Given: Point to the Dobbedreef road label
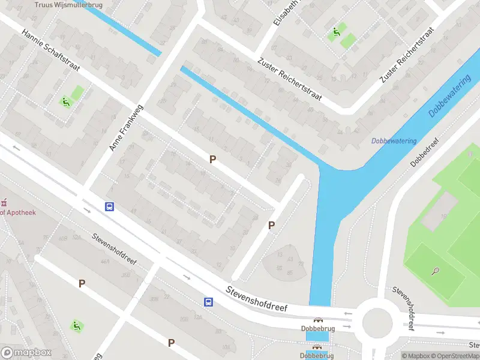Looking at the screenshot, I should (425, 152).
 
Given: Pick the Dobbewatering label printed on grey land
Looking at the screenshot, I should (394, 141).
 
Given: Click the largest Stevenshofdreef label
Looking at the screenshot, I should (256, 298).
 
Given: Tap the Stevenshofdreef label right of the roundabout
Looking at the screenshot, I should (404, 308).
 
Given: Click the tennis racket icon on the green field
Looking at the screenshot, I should (434, 271).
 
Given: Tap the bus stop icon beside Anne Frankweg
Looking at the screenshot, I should (110, 206).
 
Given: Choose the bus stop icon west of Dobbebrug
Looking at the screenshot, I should (208, 302).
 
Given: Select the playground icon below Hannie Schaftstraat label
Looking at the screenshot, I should (65, 101).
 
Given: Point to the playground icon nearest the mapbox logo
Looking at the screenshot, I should (76, 326).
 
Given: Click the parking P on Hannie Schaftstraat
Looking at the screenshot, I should (212, 159).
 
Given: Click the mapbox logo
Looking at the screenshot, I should (25, 353).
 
